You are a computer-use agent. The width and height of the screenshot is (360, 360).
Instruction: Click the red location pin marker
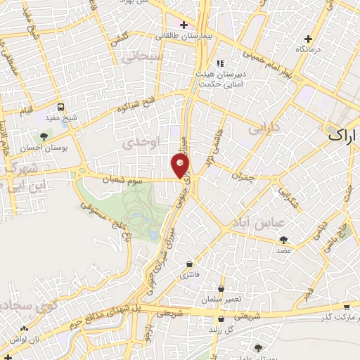(x=180, y=165)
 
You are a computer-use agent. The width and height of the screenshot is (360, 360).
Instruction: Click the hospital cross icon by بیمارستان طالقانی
(x=184, y=25)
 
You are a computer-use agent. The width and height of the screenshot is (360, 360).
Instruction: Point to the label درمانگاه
(x=310, y=49)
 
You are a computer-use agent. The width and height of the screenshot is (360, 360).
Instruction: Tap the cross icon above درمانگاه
(x=307, y=39)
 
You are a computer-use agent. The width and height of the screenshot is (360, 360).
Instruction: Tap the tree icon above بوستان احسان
(x=44, y=137)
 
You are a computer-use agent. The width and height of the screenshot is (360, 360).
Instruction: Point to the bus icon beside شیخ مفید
(x=61, y=108)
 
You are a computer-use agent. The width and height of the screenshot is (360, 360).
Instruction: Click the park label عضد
(x=284, y=250)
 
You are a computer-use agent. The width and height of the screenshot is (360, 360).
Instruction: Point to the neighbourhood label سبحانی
(x=146, y=57)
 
